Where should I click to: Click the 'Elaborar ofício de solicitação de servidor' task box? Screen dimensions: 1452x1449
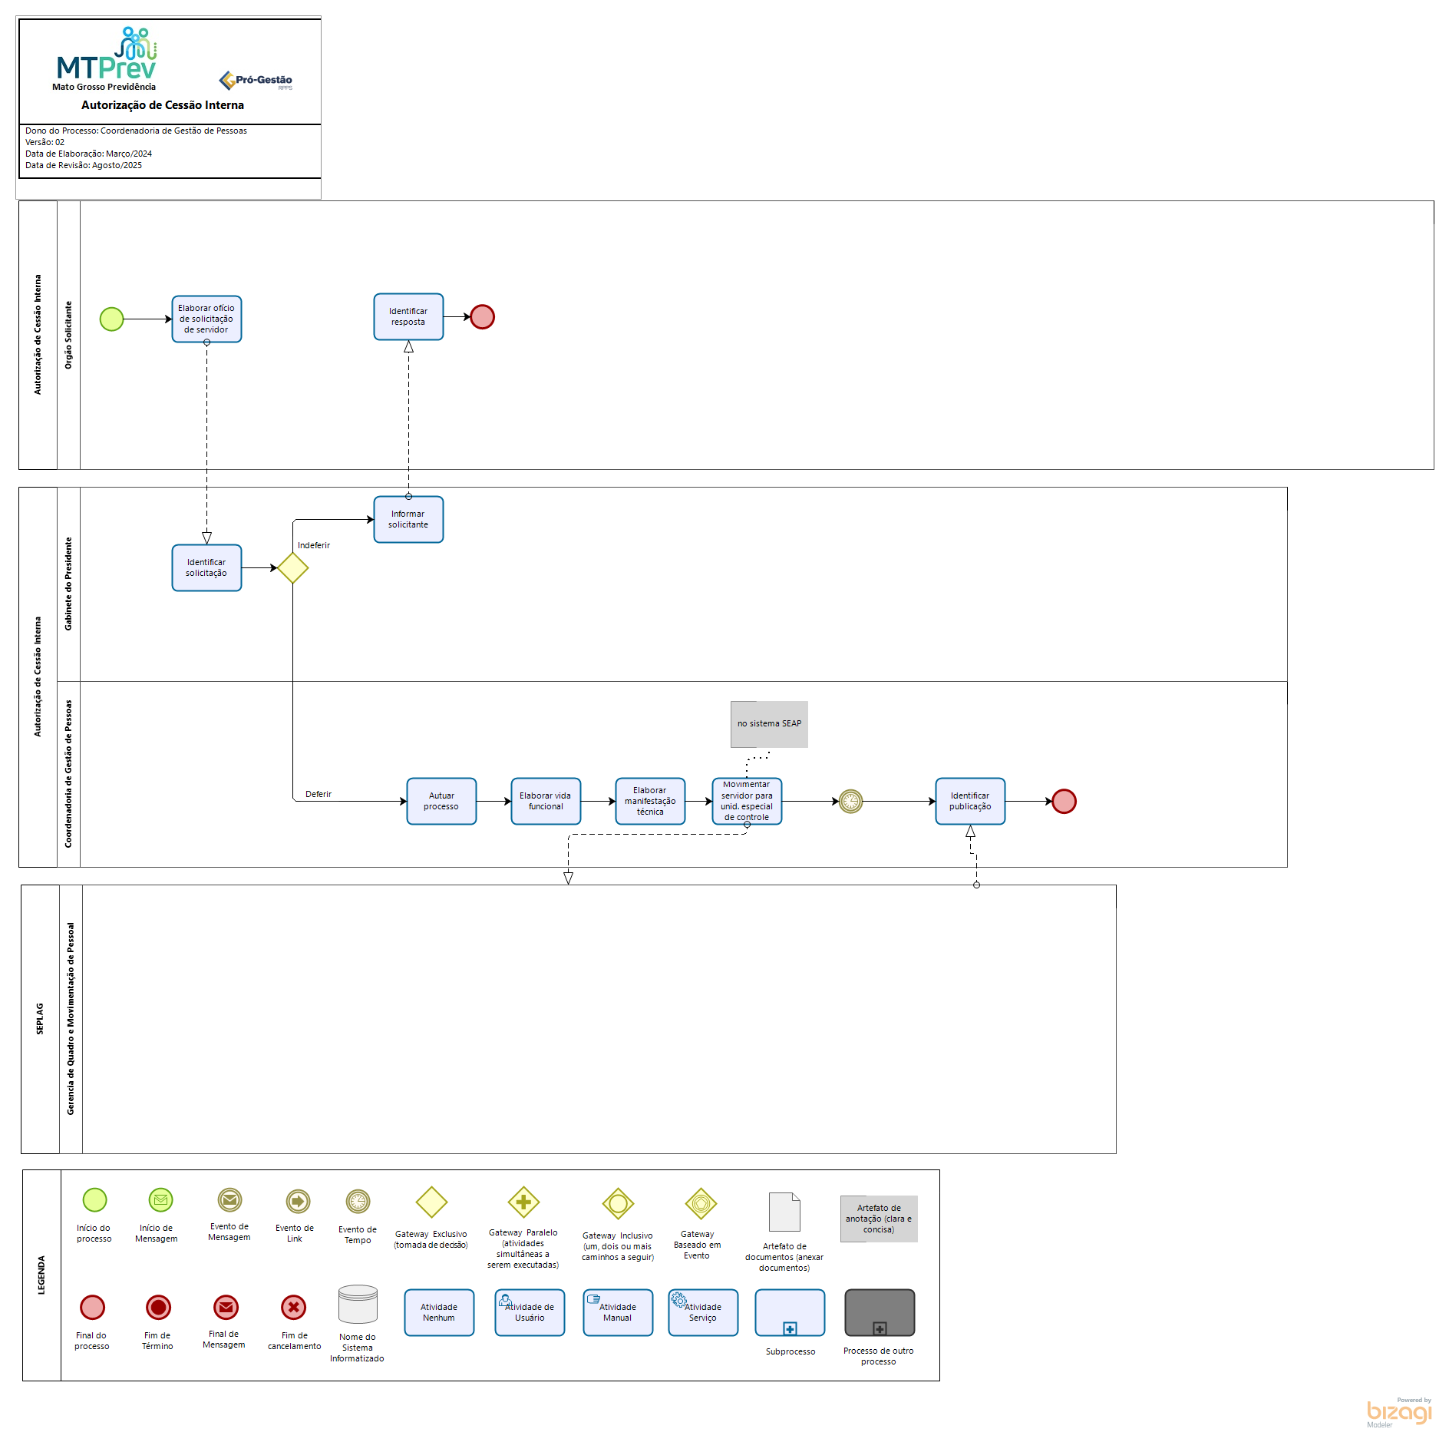click(206, 319)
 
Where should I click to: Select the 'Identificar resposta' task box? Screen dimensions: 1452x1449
click(408, 316)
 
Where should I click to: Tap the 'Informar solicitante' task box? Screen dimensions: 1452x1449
click(408, 519)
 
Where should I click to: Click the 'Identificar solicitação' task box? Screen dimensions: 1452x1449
click(206, 567)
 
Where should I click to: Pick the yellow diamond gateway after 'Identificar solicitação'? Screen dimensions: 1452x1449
click(292, 568)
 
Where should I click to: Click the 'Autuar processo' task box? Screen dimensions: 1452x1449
click(441, 801)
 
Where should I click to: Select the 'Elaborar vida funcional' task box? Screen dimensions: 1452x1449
click(546, 801)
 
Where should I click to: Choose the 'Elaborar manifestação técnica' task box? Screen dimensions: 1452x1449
click(650, 801)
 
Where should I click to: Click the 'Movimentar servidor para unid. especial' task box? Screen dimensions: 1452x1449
click(747, 801)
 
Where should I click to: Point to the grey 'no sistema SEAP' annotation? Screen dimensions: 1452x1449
click(769, 723)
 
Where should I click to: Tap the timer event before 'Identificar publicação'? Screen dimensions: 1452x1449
click(850, 801)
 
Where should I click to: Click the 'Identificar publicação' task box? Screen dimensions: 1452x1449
click(970, 801)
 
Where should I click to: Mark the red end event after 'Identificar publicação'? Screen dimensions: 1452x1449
click(1064, 801)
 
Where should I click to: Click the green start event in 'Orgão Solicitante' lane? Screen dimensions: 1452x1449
click(112, 319)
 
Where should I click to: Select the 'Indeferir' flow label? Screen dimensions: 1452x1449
click(313, 545)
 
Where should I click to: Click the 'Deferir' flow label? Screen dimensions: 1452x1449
click(318, 794)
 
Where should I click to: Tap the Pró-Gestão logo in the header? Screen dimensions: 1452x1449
click(256, 80)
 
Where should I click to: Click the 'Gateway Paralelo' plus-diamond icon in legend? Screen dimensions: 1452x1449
click(523, 1202)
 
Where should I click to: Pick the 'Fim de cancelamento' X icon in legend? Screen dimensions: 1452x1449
click(294, 1307)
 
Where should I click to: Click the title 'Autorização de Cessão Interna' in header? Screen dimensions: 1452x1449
click(163, 105)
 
